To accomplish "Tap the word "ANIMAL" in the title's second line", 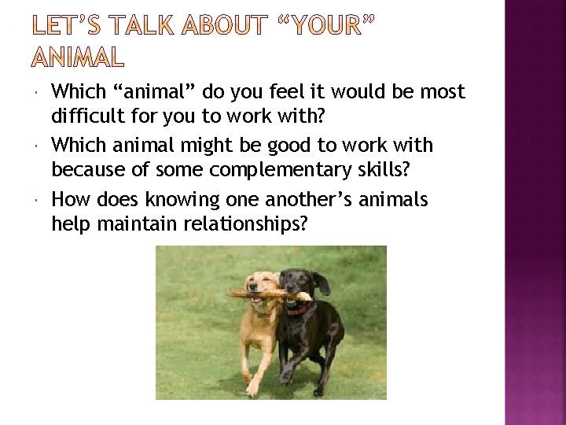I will point(77,57).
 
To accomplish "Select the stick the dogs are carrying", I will point(259,294).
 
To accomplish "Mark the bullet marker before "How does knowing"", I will point(39,200).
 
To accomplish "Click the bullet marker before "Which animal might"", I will point(39,146).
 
